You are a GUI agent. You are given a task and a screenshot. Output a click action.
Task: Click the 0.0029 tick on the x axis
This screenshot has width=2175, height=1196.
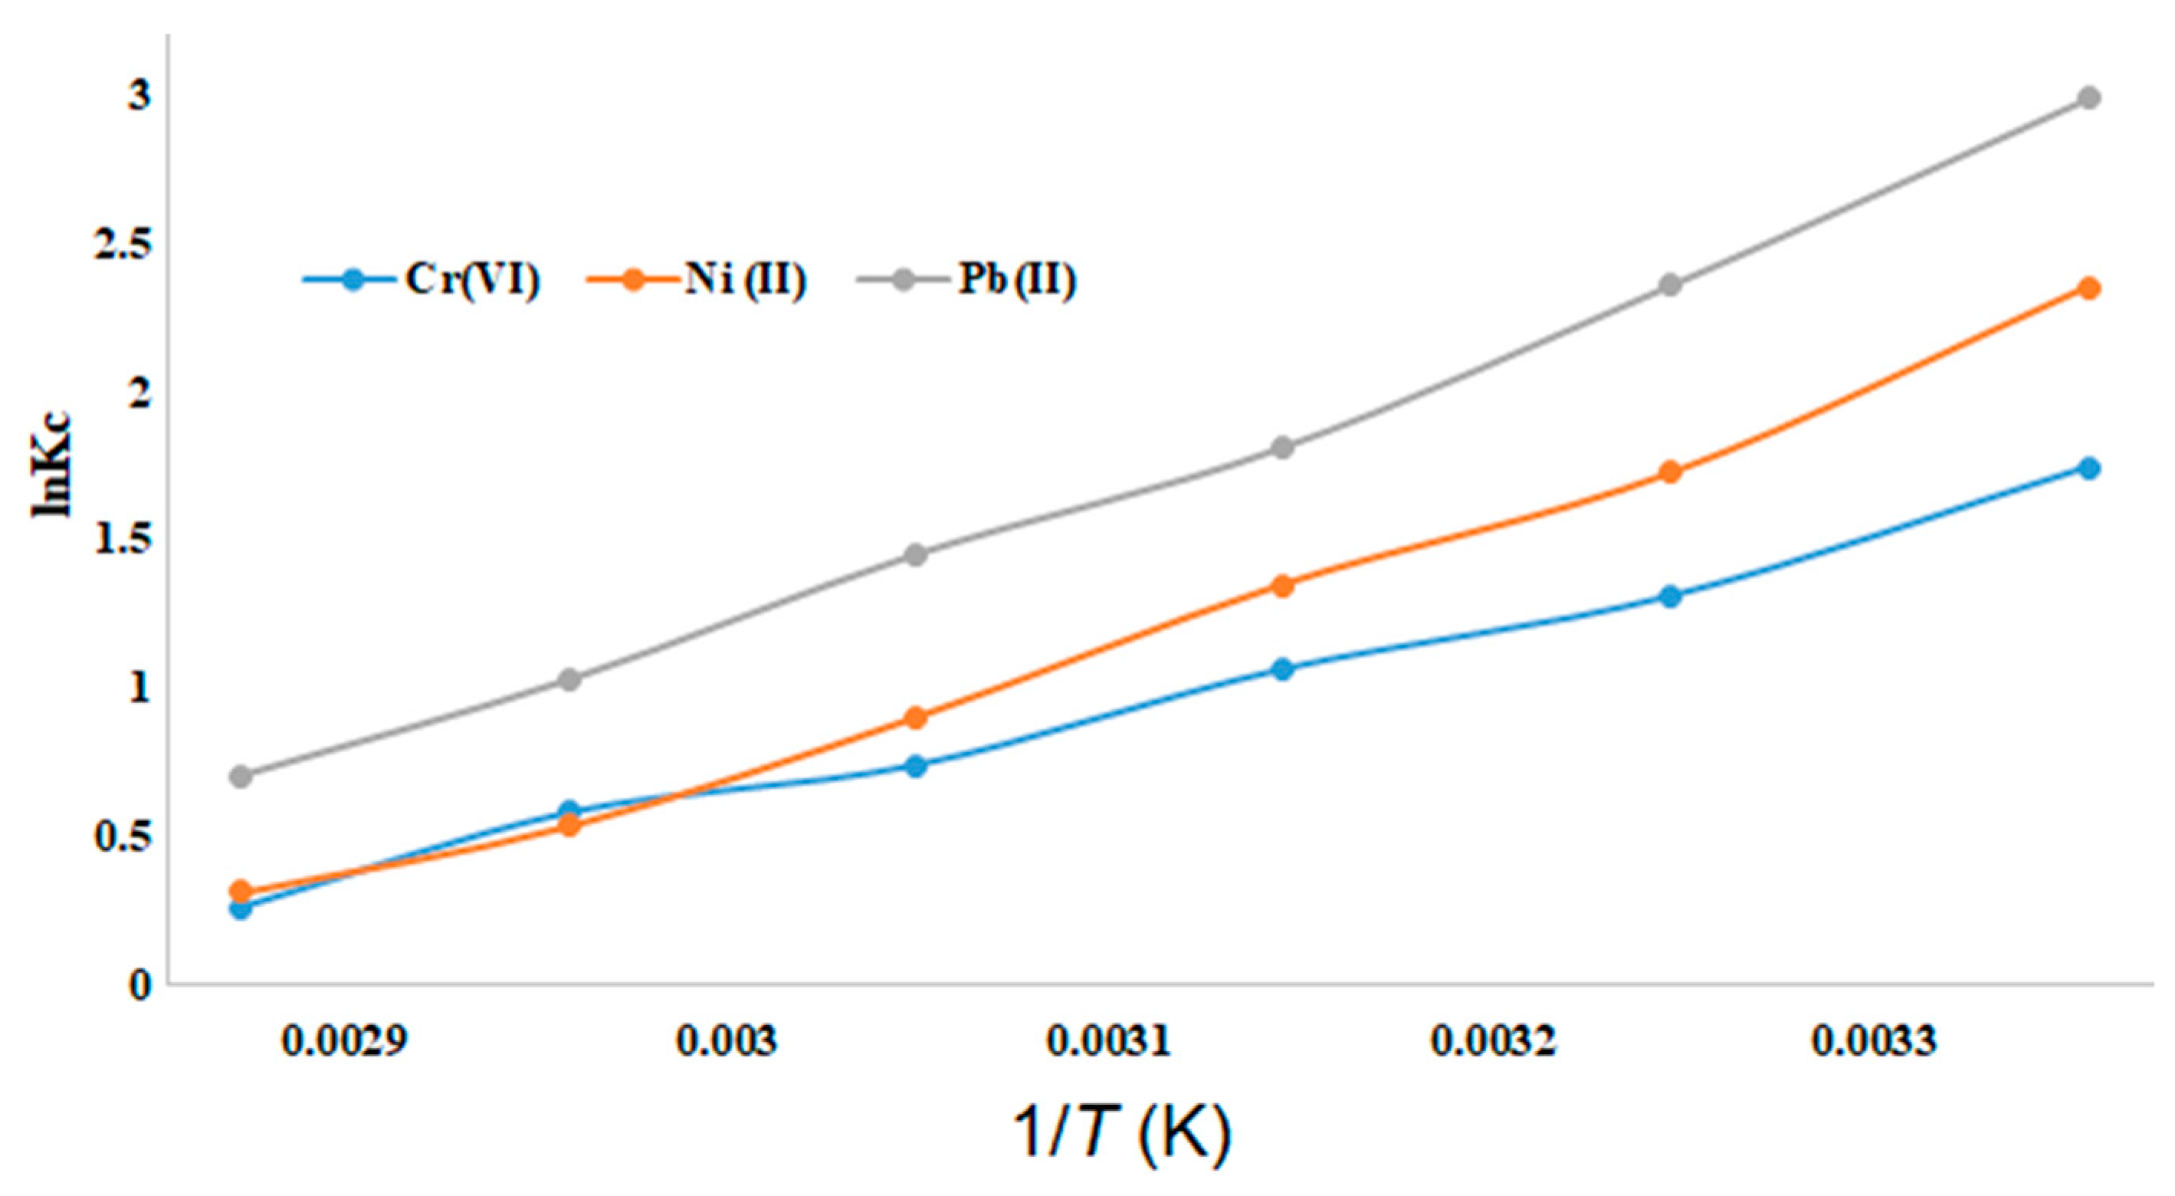pos(344,1040)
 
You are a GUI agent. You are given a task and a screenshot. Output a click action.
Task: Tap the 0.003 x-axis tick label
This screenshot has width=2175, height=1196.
pos(726,1040)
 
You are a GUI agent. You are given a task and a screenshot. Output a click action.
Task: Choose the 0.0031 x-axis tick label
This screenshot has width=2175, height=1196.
pos(1109,1040)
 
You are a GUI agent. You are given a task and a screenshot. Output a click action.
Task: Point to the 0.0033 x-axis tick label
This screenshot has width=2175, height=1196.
pos(1873,1040)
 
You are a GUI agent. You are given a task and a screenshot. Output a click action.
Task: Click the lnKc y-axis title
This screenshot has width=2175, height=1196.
pos(52,465)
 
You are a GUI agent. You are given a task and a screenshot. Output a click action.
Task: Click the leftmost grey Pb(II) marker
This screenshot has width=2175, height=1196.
pos(241,775)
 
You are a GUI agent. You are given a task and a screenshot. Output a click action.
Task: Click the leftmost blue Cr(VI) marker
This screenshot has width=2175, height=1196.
pos(241,909)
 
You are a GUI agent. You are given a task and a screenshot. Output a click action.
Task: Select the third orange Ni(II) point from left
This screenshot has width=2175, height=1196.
pos(915,718)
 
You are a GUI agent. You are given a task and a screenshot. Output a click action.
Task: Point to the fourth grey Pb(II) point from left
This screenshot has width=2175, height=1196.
pos(1282,447)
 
